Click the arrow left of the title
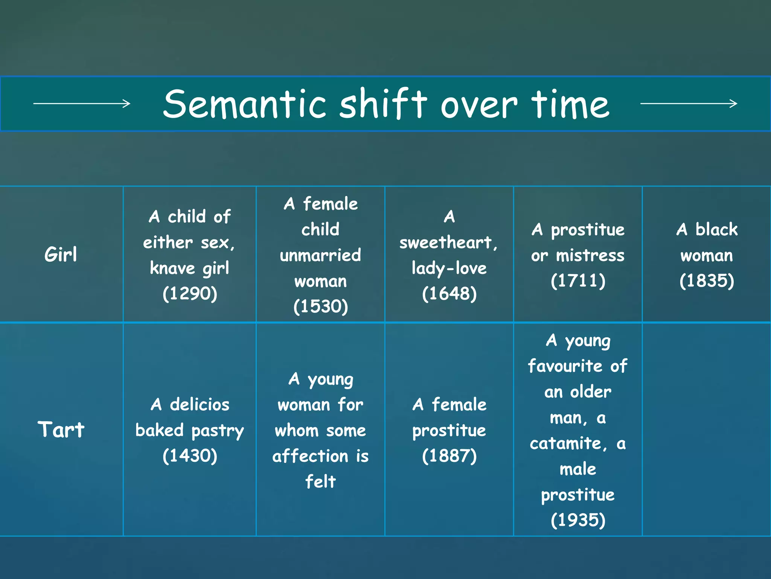(x=82, y=103)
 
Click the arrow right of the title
(x=689, y=103)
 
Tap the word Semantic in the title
(x=245, y=104)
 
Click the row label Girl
(x=61, y=254)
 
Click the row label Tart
(x=61, y=429)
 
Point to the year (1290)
(x=190, y=293)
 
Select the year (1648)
(x=449, y=293)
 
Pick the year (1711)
(x=578, y=280)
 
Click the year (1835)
(x=707, y=280)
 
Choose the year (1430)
(x=190, y=455)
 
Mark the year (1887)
(x=449, y=455)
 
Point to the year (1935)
(x=578, y=520)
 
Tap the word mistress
(x=590, y=255)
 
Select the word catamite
(x=568, y=443)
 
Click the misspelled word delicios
(x=200, y=404)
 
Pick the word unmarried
(x=320, y=255)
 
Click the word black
(x=716, y=229)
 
